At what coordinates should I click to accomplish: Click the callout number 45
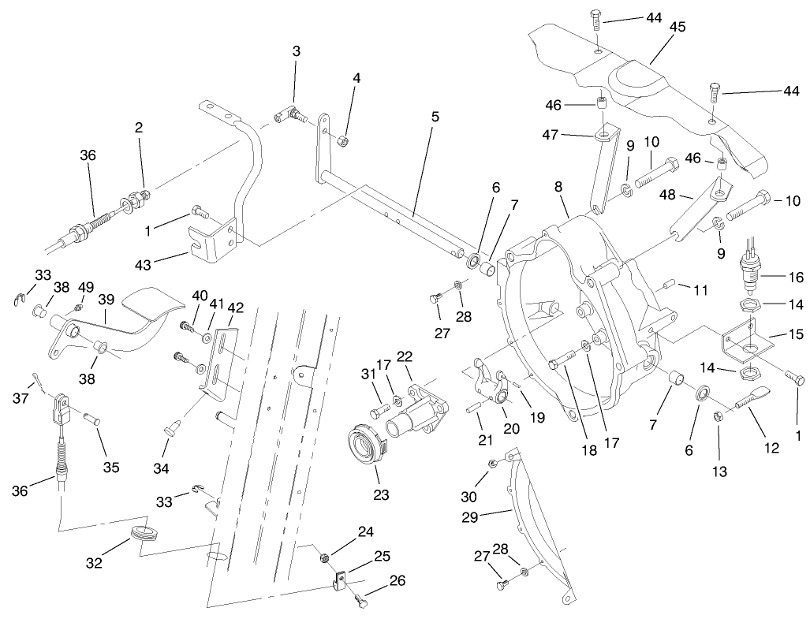(x=677, y=27)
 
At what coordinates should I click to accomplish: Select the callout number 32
(x=95, y=565)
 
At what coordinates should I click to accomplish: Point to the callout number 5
(x=435, y=114)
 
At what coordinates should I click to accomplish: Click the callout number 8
(x=558, y=188)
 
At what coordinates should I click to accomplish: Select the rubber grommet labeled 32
(x=144, y=532)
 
